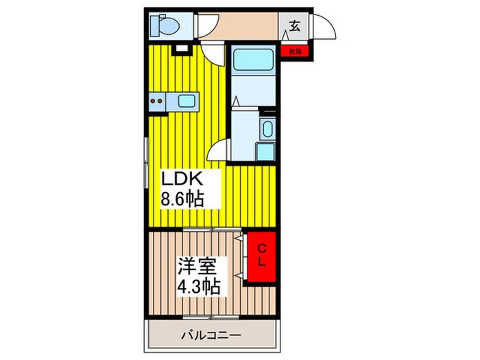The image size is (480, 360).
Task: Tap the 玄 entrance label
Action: tap(294, 27)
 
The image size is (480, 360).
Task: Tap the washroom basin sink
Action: tap(267, 128)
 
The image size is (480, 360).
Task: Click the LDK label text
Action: tap(182, 180)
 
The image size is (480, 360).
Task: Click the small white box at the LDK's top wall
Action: tap(182, 49)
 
